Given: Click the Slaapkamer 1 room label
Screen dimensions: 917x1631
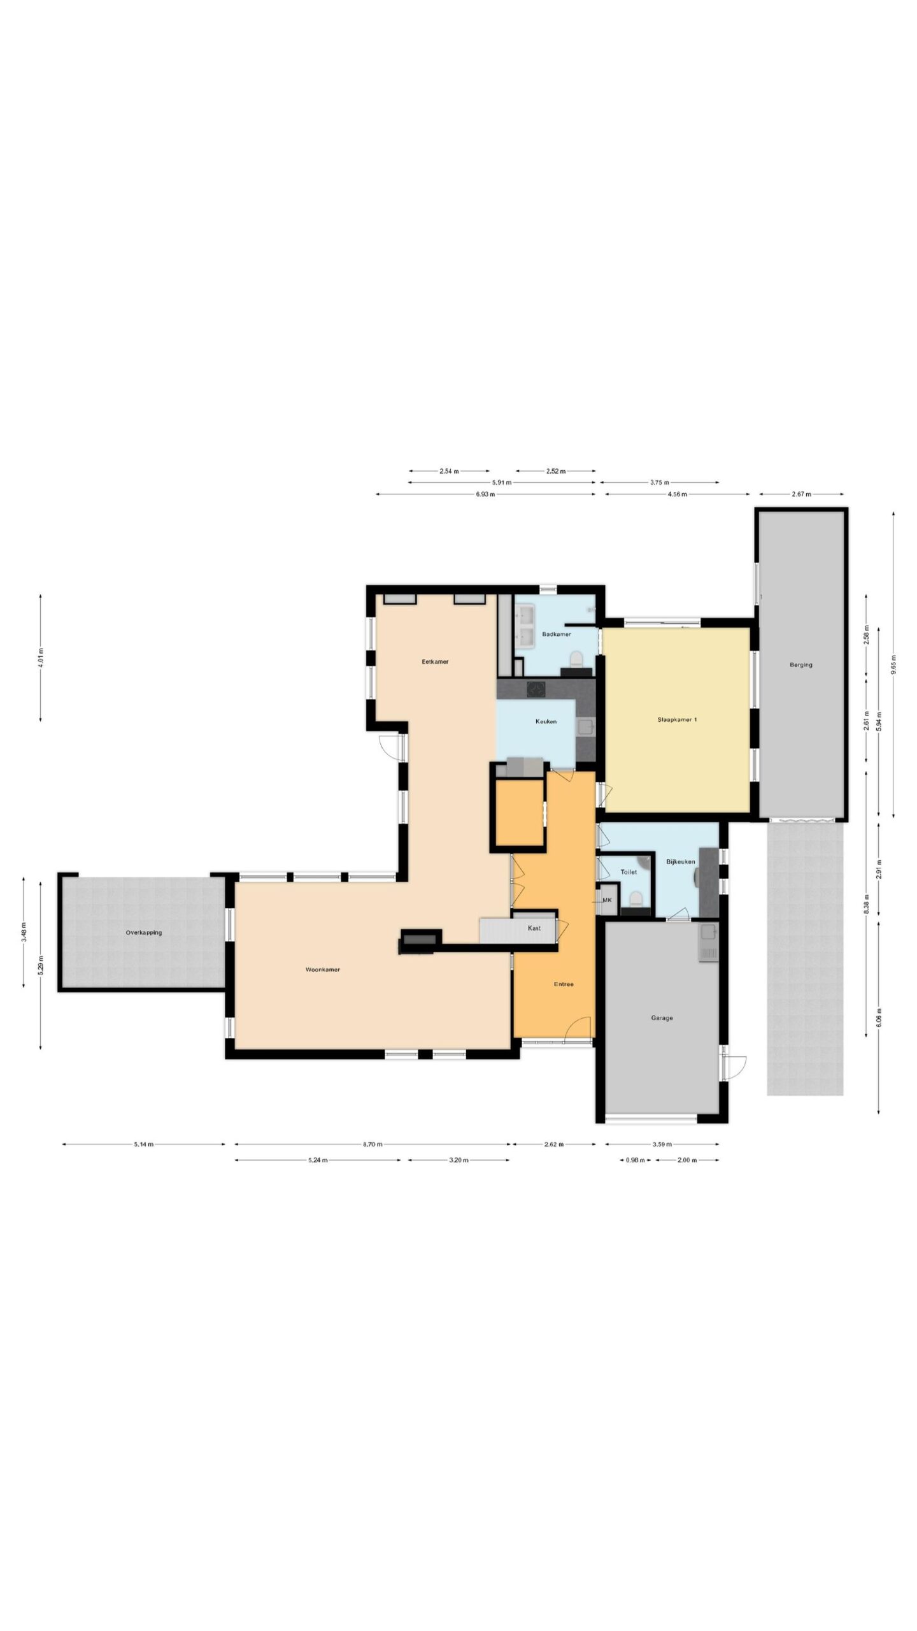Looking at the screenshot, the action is click(x=677, y=719).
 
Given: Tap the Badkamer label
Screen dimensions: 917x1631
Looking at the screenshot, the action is click(x=556, y=634).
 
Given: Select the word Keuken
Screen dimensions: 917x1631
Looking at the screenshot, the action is click(x=546, y=721).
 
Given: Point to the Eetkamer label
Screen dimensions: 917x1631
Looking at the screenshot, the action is click(x=435, y=661).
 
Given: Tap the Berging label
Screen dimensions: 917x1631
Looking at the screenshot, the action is click(x=801, y=665).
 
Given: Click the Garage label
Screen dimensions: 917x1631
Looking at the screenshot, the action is click(x=662, y=1017).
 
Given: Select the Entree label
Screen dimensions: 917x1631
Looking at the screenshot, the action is click(x=564, y=984).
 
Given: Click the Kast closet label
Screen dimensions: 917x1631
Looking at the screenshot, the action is click(x=534, y=928).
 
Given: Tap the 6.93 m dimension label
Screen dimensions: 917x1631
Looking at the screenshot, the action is click(x=485, y=494).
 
